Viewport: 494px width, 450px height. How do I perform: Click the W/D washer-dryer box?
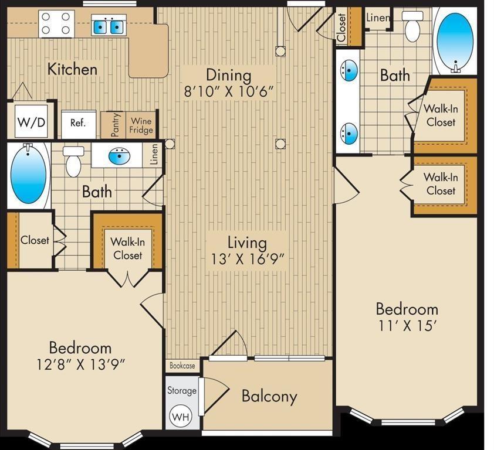tap(31, 121)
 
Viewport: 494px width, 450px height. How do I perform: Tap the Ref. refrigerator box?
tap(79, 124)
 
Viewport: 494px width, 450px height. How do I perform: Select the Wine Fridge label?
tap(141, 125)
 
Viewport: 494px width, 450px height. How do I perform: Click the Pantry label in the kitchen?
tap(116, 125)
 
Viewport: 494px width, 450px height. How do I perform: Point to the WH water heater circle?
tap(181, 417)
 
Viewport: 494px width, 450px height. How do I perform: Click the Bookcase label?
tap(182, 366)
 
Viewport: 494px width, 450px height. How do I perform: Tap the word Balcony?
tap(269, 396)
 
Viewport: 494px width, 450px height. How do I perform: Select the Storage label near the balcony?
tap(182, 390)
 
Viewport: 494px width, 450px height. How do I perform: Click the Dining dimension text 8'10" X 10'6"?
tap(228, 92)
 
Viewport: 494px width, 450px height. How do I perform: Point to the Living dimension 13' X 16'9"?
tap(248, 260)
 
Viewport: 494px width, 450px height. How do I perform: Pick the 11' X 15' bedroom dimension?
tap(407, 326)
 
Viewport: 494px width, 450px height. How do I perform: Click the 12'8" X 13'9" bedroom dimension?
tap(80, 364)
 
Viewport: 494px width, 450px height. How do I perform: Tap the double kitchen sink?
tap(109, 27)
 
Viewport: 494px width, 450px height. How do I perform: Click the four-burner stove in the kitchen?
tap(56, 23)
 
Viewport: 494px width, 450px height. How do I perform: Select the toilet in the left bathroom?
tap(73, 162)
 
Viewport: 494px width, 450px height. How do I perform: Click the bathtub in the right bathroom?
tap(455, 41)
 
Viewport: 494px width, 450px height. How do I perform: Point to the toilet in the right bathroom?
tap(412, 26)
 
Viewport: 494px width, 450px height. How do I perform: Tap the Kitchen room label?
tap(72, 70)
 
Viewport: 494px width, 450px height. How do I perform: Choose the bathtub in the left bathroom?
tap(28, 175)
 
